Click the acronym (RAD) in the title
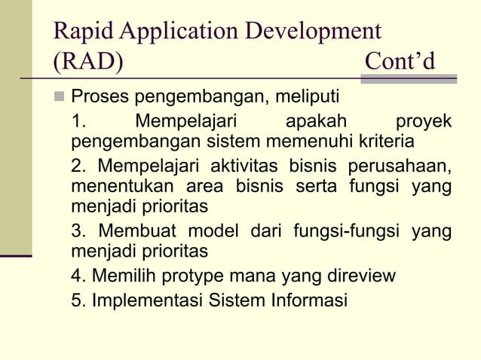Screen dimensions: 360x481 (87, 61)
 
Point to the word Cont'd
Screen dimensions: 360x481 (400, 61)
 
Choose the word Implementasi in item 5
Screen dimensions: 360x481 (146, 300)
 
